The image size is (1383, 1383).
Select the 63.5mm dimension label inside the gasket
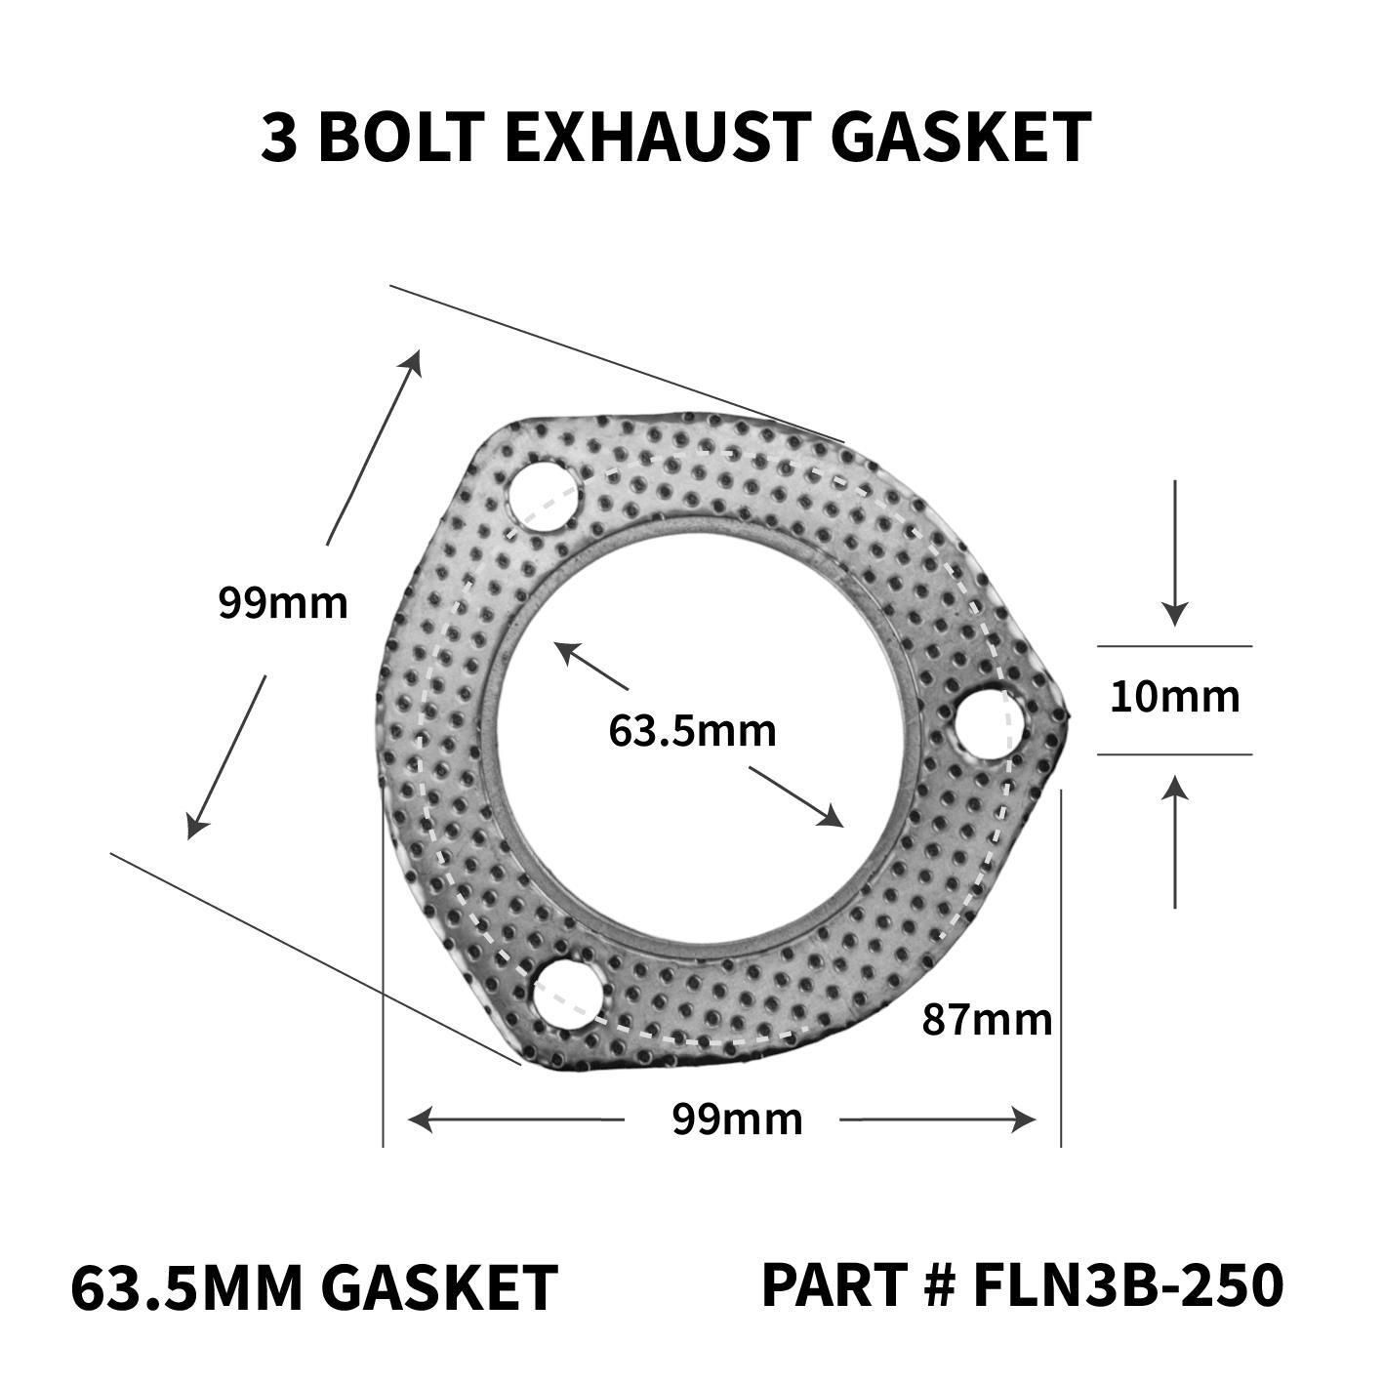[692, 730]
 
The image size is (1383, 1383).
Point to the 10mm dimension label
[1174, 697]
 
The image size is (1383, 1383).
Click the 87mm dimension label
[987, 1021]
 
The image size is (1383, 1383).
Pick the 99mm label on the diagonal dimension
[282, 602]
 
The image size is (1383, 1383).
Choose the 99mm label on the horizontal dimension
[737, 1119]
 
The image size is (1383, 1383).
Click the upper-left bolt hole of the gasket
[543, 498]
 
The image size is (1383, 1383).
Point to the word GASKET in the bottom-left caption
[438, 1288]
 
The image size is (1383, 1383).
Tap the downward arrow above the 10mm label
[1175, 613]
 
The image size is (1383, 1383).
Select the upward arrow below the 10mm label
[1175, 787]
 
